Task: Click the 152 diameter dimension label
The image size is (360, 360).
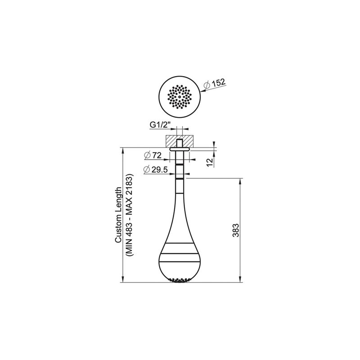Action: pyautogui.click(x=218, y=83)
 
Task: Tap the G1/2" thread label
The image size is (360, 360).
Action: pyautogui.click(x=161, y=125)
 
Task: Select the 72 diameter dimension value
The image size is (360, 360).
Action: pyautogui.click(x=157, y=155)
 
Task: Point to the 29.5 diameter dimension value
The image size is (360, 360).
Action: pyautogui.click(x=160, y=170)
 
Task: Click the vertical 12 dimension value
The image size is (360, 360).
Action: pyautogui.click(x=210, y=162)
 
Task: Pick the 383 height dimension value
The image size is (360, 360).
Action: pyautogui.click(x=236, y=230)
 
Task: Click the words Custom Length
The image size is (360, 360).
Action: pyautogui.click(x=118, y=215)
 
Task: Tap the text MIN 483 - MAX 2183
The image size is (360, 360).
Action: pyautogui.click(x=129, y=215)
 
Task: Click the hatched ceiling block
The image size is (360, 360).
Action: pyautogui.click(x=180, y=141)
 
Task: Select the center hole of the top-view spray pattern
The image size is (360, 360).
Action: pyautogui.click(x=180, y=97)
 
